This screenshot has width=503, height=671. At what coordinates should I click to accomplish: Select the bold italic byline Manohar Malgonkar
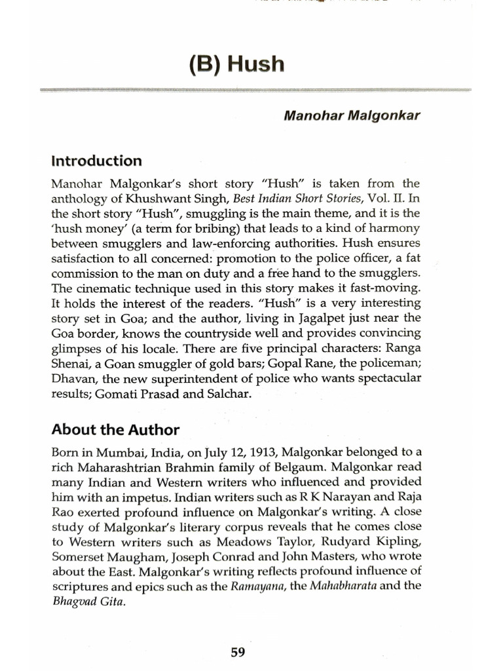coord(351,115)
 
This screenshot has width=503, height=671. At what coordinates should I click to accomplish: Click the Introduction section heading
coord(96,161)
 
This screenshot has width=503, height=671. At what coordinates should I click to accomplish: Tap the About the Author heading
coord(115,430)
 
